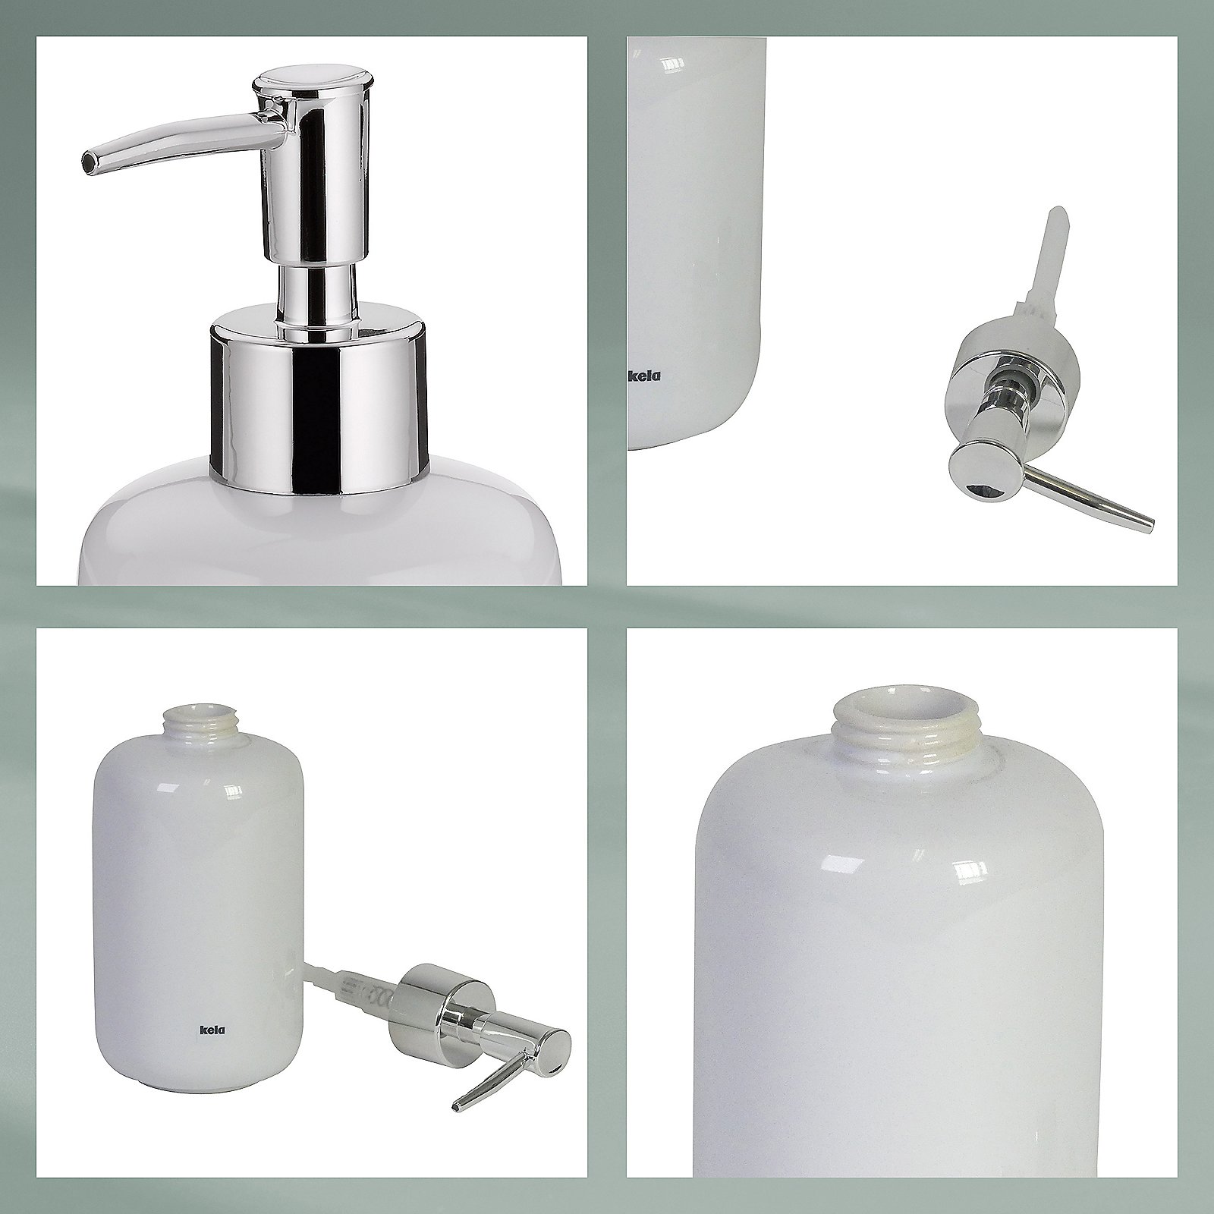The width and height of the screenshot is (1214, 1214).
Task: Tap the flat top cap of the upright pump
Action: (x=315, y=80)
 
